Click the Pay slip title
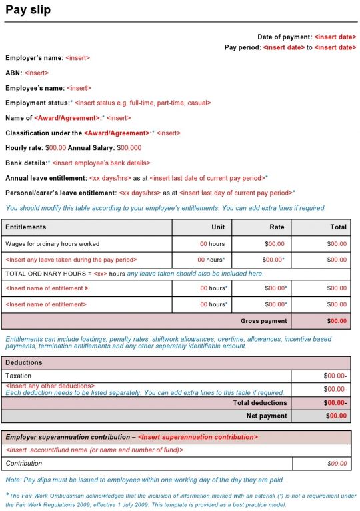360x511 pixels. tap(28, 10)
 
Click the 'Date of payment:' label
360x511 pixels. tap(285, 37)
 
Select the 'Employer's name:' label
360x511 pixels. tap(35, 58)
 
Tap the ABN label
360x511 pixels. tap(13, 73)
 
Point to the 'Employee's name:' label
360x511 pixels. tap(35, 88)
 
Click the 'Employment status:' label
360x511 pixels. tap(38, 103)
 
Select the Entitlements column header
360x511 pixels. tap(26, 227)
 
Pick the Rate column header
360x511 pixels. tap(277, 227)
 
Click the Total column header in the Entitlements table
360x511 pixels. tap(338, 227)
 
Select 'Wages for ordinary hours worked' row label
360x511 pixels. tap(52, 244)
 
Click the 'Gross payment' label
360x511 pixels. tap(264, 321)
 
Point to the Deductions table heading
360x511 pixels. tap(24, 362)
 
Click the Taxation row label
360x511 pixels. tap(19, 376)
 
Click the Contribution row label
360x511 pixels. tap(24, 463)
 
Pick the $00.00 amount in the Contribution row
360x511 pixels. tap(337, 463)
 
